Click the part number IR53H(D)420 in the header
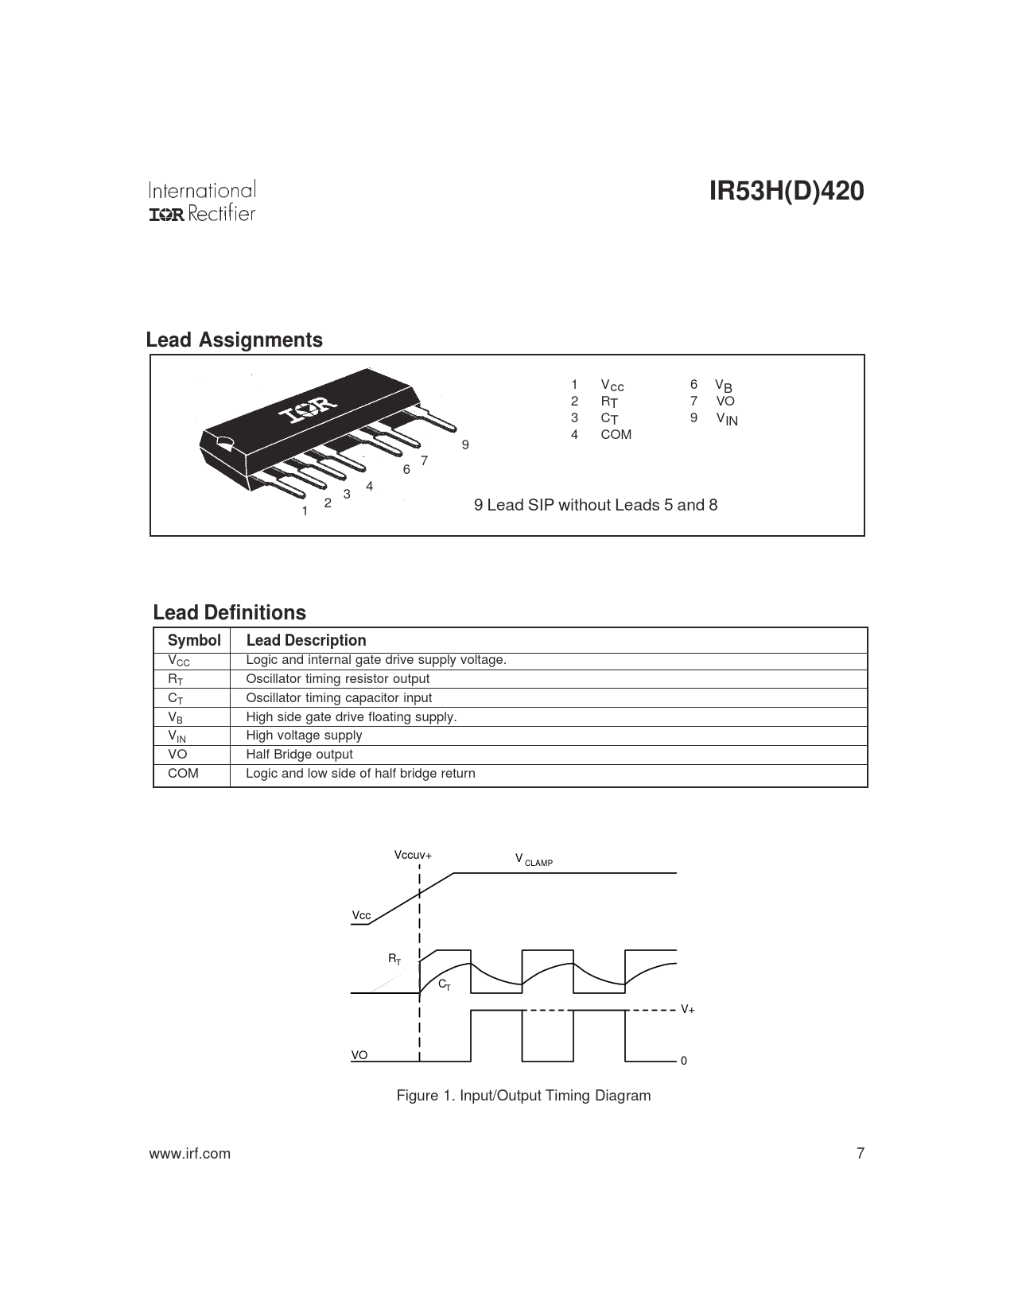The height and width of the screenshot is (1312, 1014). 786,192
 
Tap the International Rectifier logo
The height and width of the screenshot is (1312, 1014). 202,202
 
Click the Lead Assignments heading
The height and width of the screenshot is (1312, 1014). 234,340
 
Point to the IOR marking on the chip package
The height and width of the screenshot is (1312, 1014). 307,411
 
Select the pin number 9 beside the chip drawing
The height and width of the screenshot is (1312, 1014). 466,444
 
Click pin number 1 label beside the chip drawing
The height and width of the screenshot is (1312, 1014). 305,511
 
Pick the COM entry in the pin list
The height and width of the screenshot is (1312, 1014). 616,434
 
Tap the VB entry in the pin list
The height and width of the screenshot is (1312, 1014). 723,386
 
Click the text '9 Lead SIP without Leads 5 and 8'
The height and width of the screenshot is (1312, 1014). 596,505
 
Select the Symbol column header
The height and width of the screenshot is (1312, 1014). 194,640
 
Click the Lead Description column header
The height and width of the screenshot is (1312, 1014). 306,640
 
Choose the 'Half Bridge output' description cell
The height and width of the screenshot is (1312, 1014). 299,754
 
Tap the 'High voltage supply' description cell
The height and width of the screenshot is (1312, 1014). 304,735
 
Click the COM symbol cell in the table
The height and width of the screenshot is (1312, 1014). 183,773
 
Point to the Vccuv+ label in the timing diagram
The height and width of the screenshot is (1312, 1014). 413,855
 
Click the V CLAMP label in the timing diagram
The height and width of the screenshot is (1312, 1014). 534,860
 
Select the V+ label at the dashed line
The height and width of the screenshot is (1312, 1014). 687,1009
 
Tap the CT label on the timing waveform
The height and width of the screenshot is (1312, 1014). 445,984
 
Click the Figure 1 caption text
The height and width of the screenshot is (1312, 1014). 523,1095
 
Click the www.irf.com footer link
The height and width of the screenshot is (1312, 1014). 190,1154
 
